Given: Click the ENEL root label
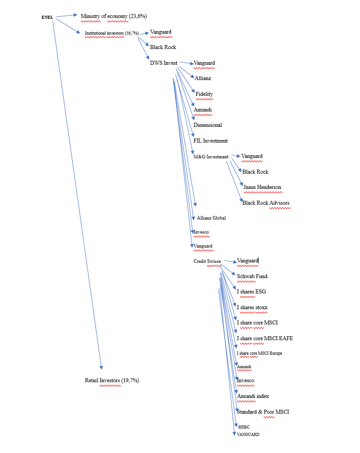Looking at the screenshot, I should [x=47, y=17].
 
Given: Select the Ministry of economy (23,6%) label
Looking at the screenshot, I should [x=114, y=16].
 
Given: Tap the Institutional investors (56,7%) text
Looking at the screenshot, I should [x=112, y=33].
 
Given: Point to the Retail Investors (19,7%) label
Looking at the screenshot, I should [x=112, y=380].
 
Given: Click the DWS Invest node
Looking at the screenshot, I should [x=164, y=63].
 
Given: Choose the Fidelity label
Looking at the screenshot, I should [x=204, y=94].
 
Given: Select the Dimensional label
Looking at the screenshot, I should [x=208, y=125].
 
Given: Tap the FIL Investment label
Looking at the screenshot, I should [x=211, y=141].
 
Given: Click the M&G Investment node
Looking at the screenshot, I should [x=211, y=157].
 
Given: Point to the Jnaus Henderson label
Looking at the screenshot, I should [x=262, y=187].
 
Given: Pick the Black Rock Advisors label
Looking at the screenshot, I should [x=266, y=203].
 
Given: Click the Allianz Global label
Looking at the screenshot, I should [x=211, y=218].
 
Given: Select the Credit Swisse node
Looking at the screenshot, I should [x=207, y=261].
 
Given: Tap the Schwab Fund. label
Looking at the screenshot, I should [x=253, y=276].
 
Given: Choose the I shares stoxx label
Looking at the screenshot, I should [x=252, y=307].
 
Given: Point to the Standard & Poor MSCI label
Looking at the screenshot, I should [x=263, y=412].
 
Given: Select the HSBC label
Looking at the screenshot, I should [x=244, y=427].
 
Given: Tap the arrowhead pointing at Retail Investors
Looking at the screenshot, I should [x=101, y=367].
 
